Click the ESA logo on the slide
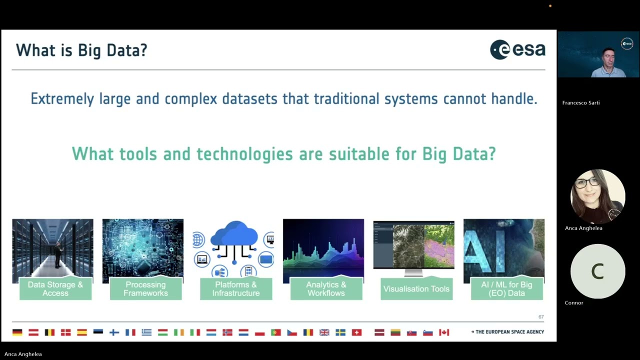click(517, 50)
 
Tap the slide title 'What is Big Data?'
click(81, 50)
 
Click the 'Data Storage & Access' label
click(55, 289)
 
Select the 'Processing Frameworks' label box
click(145, 289)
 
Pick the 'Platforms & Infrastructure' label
click(236, 289)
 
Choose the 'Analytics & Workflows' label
click(326, 289)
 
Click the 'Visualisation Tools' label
click(416, 289)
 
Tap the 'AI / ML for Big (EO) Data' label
click(506, 289)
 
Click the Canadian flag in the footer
click(444, 332)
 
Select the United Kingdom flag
click(324, 332)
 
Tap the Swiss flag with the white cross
click(356, 332)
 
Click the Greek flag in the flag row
click(146, 332)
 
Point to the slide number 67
click(541, 317)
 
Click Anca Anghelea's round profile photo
click(598, 196)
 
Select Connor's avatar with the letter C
click(598, 271)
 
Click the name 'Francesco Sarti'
click(581, 103)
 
